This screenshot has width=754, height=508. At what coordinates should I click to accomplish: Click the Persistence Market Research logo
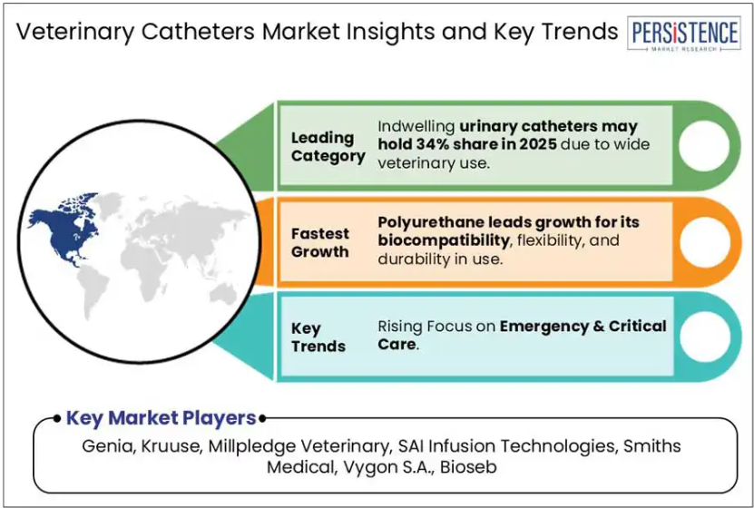click(683, 34)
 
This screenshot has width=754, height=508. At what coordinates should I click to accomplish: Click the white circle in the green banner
click(704, 146)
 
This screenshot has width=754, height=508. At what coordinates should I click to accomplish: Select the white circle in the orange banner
click(705, 241)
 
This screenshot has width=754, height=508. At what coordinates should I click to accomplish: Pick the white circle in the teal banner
click(705, 337)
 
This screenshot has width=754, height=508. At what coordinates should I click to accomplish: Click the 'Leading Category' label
click(328, 147)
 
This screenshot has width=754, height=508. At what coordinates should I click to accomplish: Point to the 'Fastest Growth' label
click(319, 243)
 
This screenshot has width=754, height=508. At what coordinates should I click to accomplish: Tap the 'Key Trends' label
click(318, 337)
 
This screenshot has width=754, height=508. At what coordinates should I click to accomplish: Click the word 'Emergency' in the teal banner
click(544, 327)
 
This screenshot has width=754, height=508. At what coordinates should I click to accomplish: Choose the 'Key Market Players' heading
click(161, 418)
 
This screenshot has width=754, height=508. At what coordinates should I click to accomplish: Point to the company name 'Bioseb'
click(468, 466)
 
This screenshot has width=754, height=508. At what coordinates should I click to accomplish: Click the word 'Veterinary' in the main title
click(75, 32)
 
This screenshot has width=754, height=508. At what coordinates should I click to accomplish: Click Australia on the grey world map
click(222, 293)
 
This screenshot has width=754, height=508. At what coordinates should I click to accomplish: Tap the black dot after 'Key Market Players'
click(262, 418)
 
